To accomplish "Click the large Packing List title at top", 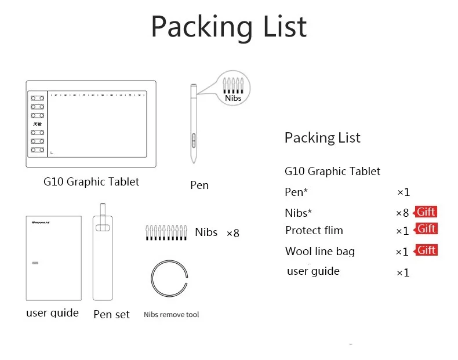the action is [228, 27].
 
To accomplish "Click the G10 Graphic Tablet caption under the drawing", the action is [92, 182].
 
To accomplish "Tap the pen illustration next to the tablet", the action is [193, 125].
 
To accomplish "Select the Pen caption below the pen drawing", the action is [199, 186].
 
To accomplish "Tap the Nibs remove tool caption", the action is [171, 315].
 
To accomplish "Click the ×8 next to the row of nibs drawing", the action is [232, 233].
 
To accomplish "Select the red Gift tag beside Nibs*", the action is [426, 212].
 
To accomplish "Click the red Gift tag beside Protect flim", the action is [426, 229].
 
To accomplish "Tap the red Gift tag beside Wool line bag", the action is [426, 250].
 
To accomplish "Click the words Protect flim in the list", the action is [314, 231].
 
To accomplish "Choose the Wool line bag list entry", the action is [319, 252].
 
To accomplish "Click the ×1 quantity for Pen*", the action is [403, 192].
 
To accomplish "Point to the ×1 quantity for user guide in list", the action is [402, 272].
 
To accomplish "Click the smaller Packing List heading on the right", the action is [322, 138].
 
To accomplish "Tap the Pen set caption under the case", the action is [111, 315].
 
